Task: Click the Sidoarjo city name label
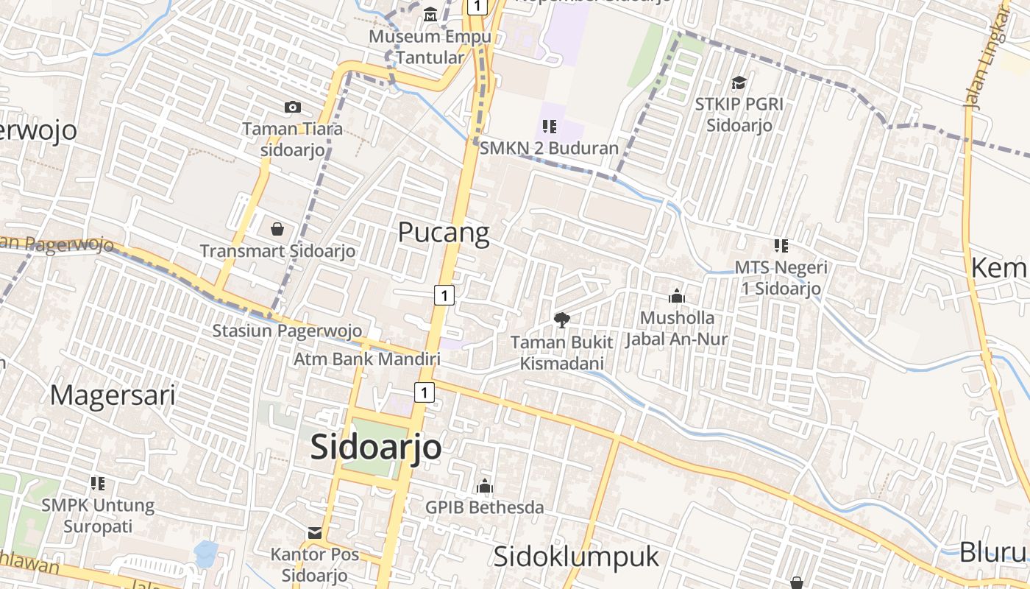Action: click(x=376, y=447)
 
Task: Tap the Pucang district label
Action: click(x=443, y=233)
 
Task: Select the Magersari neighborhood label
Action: click(x=113, y=395)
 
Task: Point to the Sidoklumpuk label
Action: click(x=576, y=557)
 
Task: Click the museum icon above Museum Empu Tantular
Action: click(x=430, y=14)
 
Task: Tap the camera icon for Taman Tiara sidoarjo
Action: click(x=293, y=107)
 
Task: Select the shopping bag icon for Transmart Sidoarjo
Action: click(x=277, y=229)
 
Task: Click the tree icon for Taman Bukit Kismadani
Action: click(x=562, y=320)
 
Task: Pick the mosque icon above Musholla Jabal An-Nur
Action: click(x=676, y=296)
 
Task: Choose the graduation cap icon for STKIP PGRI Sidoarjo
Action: click(x=739, y=82)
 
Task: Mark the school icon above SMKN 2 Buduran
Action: click(x=549, y=127)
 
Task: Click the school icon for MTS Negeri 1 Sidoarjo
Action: click(x=781, y=245)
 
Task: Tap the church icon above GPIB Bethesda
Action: click(x=484, y=486)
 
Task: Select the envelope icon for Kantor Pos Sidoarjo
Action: click(x=314, y=532)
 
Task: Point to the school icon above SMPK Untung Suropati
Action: click(x=97, y=484)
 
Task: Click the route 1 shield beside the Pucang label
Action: click(x=444, y=295)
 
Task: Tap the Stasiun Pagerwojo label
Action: click(x=287, y=331)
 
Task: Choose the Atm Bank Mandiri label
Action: click(x=366, y=359)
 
